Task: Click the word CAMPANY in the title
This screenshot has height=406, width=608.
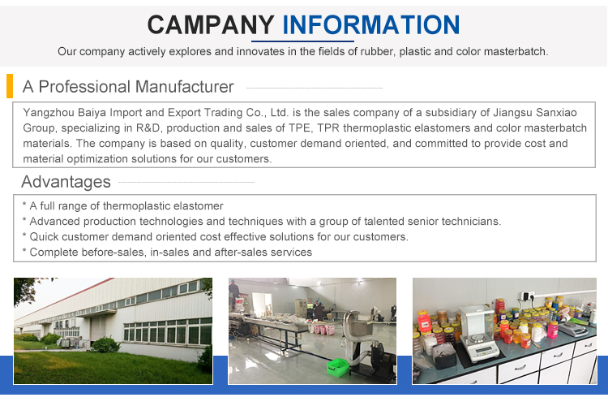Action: [x=211, y=25]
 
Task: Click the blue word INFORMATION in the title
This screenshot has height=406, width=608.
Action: [x=371, y=25]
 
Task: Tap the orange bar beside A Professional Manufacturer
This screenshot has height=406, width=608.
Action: [x=10, y=86]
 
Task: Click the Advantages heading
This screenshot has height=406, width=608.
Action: [x=66, y=182]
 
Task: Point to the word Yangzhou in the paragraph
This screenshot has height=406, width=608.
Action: [x=49, y=113]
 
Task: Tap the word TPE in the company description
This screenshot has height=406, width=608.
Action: [x=298, y=128]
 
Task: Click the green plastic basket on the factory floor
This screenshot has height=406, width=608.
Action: [x=338, y=367]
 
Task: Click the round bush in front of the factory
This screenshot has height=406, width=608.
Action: [x=105, y=345]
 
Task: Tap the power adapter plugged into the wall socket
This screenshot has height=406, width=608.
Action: [x=527, y=296]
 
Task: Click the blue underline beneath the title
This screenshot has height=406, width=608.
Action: [x=302, y=41]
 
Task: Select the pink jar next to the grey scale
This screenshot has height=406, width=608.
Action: [x=553, y=330]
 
